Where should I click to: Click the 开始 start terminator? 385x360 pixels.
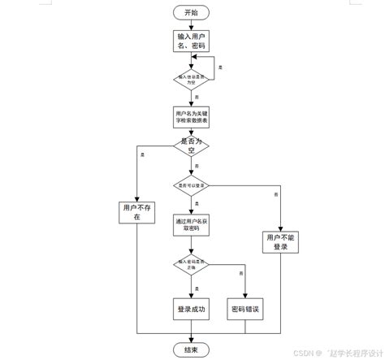[x=192, y=12]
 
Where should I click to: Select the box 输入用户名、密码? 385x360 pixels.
[x=192, y=42]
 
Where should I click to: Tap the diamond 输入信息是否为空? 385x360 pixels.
[x=192, y=79]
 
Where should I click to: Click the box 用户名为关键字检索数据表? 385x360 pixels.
[x=192, y=115]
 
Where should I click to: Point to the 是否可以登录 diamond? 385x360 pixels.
[x=192, y=185]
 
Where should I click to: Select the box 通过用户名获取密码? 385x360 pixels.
[x=192, y=224]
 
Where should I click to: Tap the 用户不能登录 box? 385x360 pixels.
[x=281, y=241]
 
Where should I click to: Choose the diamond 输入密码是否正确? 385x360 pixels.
[x=192, y=263]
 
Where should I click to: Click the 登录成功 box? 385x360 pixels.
[x=192, y=309]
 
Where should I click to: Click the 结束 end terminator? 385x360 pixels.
[x=192, y=349]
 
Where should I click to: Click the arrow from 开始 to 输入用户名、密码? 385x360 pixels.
[x=192, y=25]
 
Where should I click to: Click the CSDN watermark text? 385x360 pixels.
[x=324, y=353]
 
